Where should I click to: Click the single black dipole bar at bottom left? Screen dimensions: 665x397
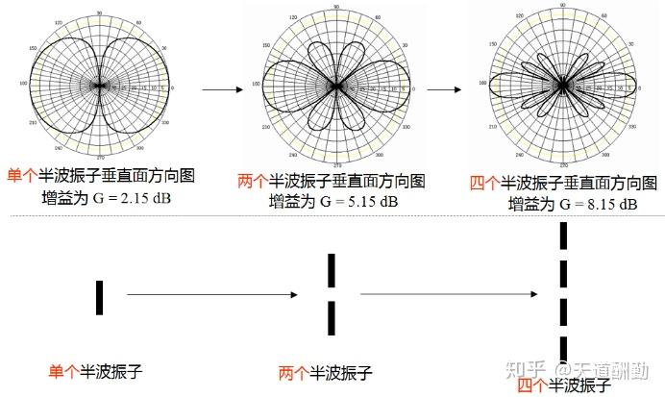[x=99, y=297]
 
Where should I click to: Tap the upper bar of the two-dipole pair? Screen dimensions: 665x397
[x=332, y=271]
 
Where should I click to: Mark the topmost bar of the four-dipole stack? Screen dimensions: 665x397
[x=564, y=236]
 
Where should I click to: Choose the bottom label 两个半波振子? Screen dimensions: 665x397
[x=324, y=373]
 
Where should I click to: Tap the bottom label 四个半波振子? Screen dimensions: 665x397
[x=563, y=385]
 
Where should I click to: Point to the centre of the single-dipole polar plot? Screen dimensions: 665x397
[x=100, y=85]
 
